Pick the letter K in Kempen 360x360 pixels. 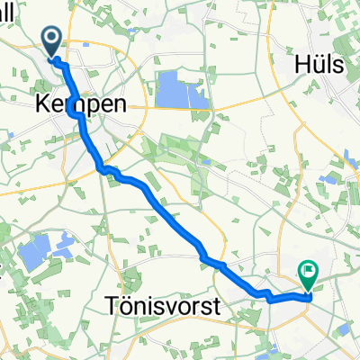coord(42,104)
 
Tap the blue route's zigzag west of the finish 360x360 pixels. coord(265,294)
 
